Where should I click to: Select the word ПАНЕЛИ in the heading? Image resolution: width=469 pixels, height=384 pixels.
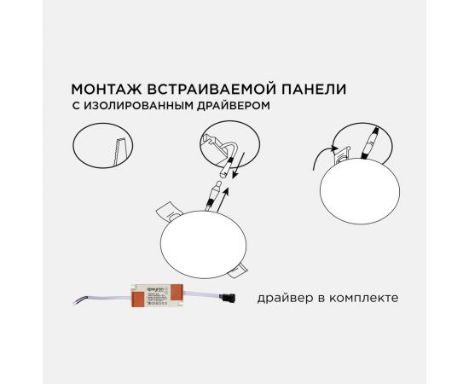[299, 88]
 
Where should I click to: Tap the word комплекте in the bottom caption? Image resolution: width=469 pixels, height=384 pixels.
[362, 299]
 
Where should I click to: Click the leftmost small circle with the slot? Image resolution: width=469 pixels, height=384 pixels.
[101, 147]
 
